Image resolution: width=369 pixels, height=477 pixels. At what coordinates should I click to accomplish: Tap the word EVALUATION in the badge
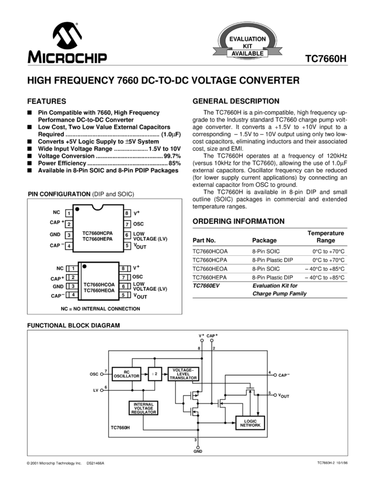247,39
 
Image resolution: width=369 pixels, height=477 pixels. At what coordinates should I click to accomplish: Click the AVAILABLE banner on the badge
247,54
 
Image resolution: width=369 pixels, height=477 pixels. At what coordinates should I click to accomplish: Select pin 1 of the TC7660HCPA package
69,213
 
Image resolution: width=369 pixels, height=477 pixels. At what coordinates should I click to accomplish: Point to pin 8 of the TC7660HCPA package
127,213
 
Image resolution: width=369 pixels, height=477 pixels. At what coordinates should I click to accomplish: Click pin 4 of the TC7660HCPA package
69,246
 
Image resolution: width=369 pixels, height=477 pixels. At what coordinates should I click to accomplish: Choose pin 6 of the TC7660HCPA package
127,235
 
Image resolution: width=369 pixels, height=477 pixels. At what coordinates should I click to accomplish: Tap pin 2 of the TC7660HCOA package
73,277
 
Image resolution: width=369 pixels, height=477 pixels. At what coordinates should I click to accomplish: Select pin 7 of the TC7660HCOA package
123,277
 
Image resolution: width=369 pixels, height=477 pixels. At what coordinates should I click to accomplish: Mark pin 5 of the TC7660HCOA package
123,295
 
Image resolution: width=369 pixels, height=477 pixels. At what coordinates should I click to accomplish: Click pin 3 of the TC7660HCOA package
73,286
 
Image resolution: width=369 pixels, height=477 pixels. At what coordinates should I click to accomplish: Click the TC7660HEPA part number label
98,239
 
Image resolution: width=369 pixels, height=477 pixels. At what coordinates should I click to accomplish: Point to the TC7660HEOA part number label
99,290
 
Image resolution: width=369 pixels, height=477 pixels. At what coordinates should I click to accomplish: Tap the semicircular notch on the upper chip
98,206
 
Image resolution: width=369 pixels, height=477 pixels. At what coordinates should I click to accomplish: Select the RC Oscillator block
126,374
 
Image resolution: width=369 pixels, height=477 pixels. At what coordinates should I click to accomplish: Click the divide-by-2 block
155,374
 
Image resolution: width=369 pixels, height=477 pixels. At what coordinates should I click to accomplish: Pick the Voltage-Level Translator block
183,374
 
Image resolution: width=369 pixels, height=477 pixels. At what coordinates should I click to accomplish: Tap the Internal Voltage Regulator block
143,408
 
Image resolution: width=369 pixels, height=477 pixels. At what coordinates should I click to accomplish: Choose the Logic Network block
250,423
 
